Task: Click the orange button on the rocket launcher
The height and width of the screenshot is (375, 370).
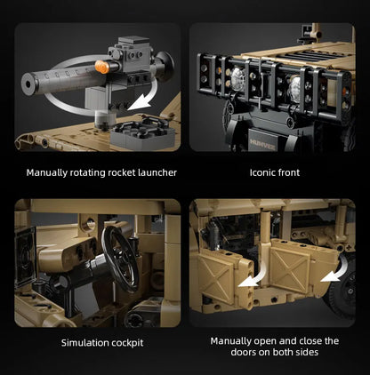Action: (x=102, y=67)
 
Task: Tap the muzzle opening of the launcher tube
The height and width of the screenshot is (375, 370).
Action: (x=28, y=84)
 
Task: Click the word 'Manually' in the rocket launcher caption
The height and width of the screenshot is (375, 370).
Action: (x=46, y=172)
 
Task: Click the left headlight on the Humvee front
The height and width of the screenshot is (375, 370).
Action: (x=237, y=78)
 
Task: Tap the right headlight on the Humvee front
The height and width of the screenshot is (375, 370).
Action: (x=294, y=88)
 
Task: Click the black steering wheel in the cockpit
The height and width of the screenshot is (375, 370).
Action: (x=121, y=259)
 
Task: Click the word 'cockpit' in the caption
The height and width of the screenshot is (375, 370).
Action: (x=127, y=343)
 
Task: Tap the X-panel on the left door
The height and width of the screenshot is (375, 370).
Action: (x=216, y=278)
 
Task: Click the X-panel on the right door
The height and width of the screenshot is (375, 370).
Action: (x=290, y=269)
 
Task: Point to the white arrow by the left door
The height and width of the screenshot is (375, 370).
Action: (x=253, y=278)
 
